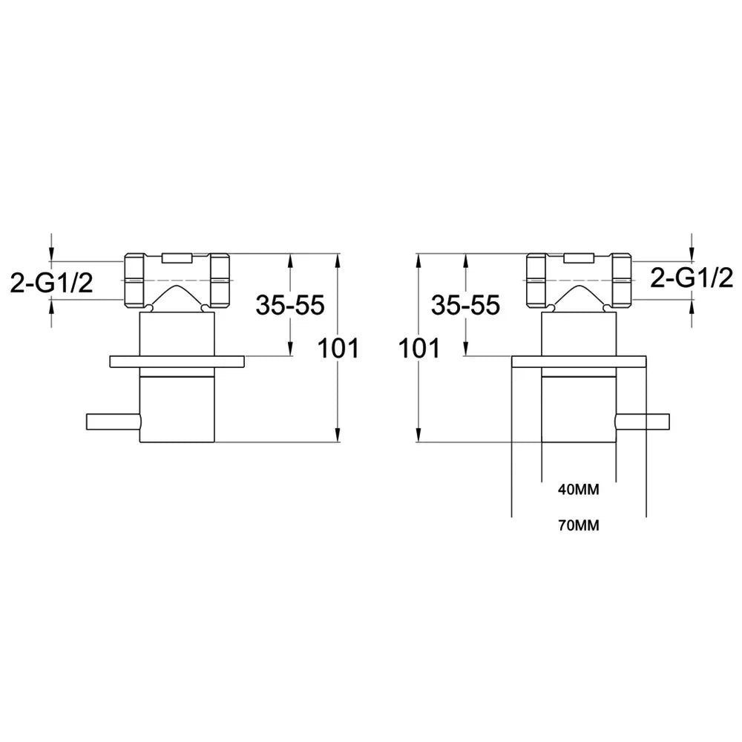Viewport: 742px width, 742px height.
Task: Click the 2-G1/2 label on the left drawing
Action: tap(52, 284)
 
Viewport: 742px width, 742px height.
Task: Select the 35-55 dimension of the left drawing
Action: tap(290, 305)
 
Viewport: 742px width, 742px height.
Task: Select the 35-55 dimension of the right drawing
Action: tap(465, 305)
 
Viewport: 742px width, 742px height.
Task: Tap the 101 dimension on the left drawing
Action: tap(338, 348)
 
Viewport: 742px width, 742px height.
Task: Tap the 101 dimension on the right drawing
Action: tap(419, 348)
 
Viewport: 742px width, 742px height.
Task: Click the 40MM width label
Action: tap(578, 490)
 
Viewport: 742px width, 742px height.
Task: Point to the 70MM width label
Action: tap(578, 525)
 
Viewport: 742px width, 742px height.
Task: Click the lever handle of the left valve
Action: tap(114, 421)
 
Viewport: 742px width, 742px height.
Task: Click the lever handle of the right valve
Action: tap(643, 421)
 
